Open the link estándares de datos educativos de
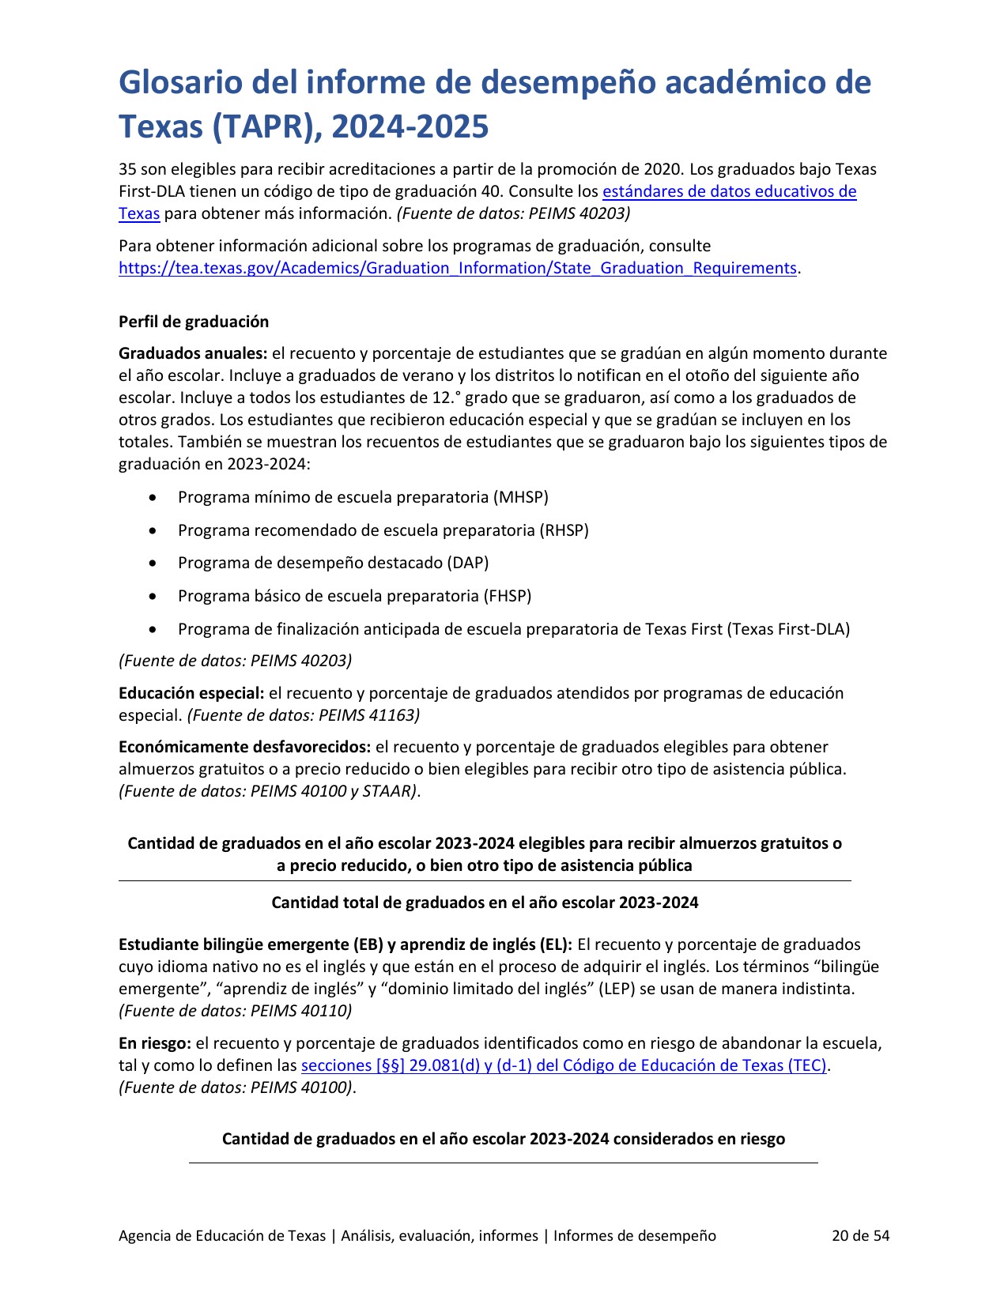coord(729,191)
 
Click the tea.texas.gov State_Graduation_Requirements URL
coord(457,268)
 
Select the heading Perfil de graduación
coord(194,322)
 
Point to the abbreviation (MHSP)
coord(520,497)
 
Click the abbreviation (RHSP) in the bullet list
coord(564,530)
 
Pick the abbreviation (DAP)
coord(467,563)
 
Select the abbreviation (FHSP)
coord(507,596)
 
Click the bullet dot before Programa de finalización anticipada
coord(153,630)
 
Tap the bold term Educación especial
coord(191,693)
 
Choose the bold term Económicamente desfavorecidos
coord(244,747)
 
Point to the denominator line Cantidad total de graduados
coord(485,903)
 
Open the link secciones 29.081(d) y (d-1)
coord(564,1065)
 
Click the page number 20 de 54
coord(860,1235)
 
